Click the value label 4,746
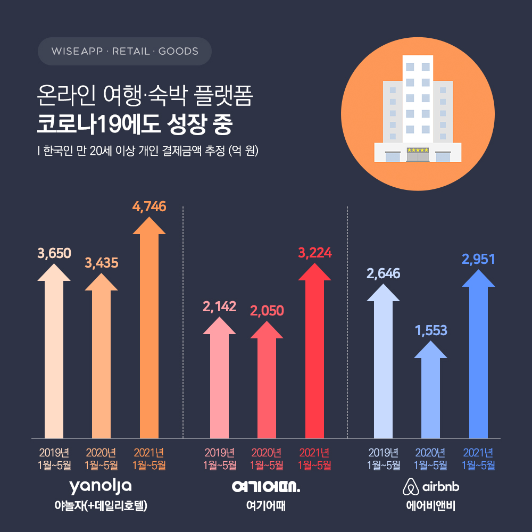(149, 206)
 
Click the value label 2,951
(478, 259)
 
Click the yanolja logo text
(101, 486)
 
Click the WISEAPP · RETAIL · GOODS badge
(125, 52)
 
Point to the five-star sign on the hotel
(418, 151)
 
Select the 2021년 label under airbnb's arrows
(478, 453)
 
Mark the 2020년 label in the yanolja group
(101, 453)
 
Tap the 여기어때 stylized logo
(266, 486)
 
